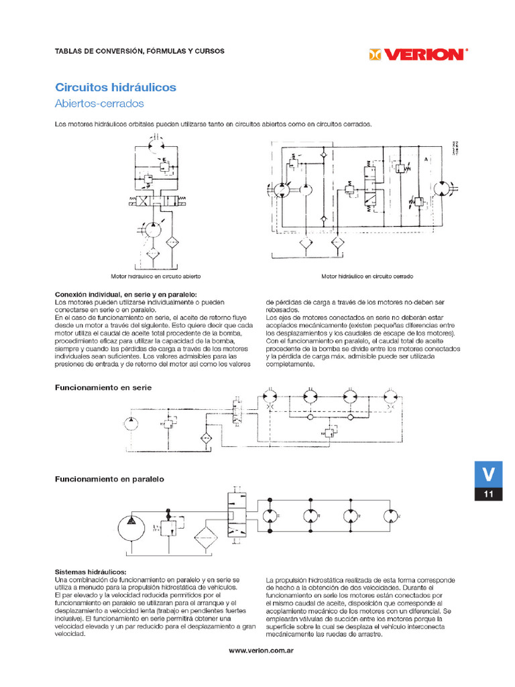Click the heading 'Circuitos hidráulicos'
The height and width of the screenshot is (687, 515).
(115, 88)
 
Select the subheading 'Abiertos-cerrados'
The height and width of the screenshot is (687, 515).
(99, 104)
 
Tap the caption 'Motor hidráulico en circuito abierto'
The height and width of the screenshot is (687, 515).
(156, 276)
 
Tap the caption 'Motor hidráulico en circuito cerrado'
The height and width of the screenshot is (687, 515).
(367, 276)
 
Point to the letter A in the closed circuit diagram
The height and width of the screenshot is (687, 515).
(425, 159)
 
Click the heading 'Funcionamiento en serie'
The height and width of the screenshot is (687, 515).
(103, 388)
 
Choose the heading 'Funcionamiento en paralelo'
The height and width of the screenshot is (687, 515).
(109, 479)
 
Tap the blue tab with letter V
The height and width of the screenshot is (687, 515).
(489, 474)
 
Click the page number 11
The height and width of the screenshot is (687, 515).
(489, 495)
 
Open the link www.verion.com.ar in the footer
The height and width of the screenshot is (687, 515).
(262, 651)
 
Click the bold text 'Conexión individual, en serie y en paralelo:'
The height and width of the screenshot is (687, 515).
(125, 295)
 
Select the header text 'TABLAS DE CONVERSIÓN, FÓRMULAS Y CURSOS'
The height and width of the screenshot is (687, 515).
(139, 51)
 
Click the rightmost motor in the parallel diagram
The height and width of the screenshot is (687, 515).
(391, 517)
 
